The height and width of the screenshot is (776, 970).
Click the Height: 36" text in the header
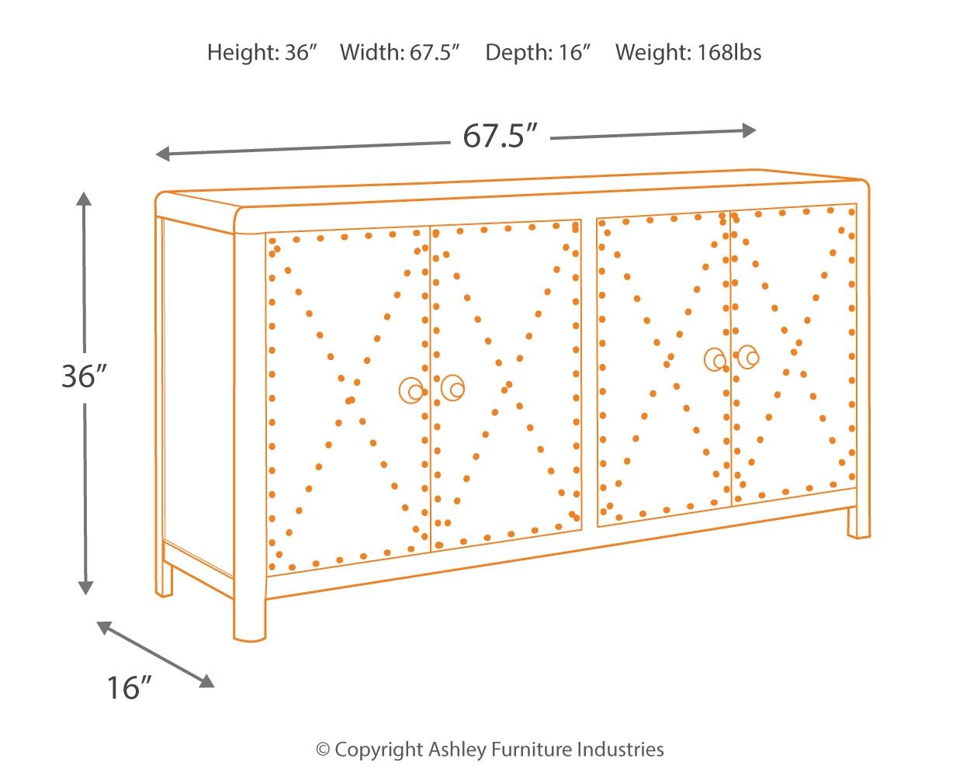262,52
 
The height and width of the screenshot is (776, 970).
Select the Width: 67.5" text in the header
400,52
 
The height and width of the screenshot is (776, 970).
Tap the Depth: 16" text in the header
538,52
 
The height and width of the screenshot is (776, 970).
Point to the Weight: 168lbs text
688,52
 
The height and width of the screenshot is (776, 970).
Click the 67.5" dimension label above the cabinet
501,135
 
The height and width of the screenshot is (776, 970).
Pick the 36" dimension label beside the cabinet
85,376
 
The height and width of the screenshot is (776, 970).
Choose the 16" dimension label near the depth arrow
129,688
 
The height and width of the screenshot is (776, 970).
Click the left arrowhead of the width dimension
162,154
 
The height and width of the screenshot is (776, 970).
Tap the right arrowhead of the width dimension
749,131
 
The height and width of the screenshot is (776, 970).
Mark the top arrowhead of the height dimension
84,199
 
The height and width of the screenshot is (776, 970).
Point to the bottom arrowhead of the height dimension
85,588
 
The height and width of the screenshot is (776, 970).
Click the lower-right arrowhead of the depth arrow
207,681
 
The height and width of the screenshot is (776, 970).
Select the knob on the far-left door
411,390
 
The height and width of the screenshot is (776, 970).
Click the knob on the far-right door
749,357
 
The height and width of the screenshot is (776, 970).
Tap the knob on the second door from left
453,388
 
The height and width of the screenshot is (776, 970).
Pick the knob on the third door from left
715,360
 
